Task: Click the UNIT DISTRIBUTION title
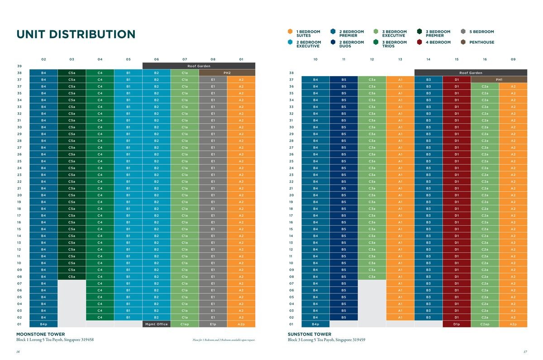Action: [x=76, y=34]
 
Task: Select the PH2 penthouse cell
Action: [x=227, y=72]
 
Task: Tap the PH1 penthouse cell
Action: [x=499, y=79]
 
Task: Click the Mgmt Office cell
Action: [x=156, y=324]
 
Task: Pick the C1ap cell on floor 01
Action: [x=185, y=324]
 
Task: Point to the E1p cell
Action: [x=213, y=324]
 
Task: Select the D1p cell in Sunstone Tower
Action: [x=457, y=324]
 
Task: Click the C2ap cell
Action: [x=485, y=324]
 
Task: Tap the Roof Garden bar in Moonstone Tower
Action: [x=199, y=66]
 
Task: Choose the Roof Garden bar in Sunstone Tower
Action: [x=471, y=72]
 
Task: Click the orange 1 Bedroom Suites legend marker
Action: [x=290, y=32]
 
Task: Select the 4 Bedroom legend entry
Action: [x=437, y=42]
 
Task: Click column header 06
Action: [x=156, y=59]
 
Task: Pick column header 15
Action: [x=457, y=59]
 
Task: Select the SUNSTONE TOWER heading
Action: [x=309, y=334]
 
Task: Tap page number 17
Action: [x=525, y=352]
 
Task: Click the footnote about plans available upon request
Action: [x=224, y=340]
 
